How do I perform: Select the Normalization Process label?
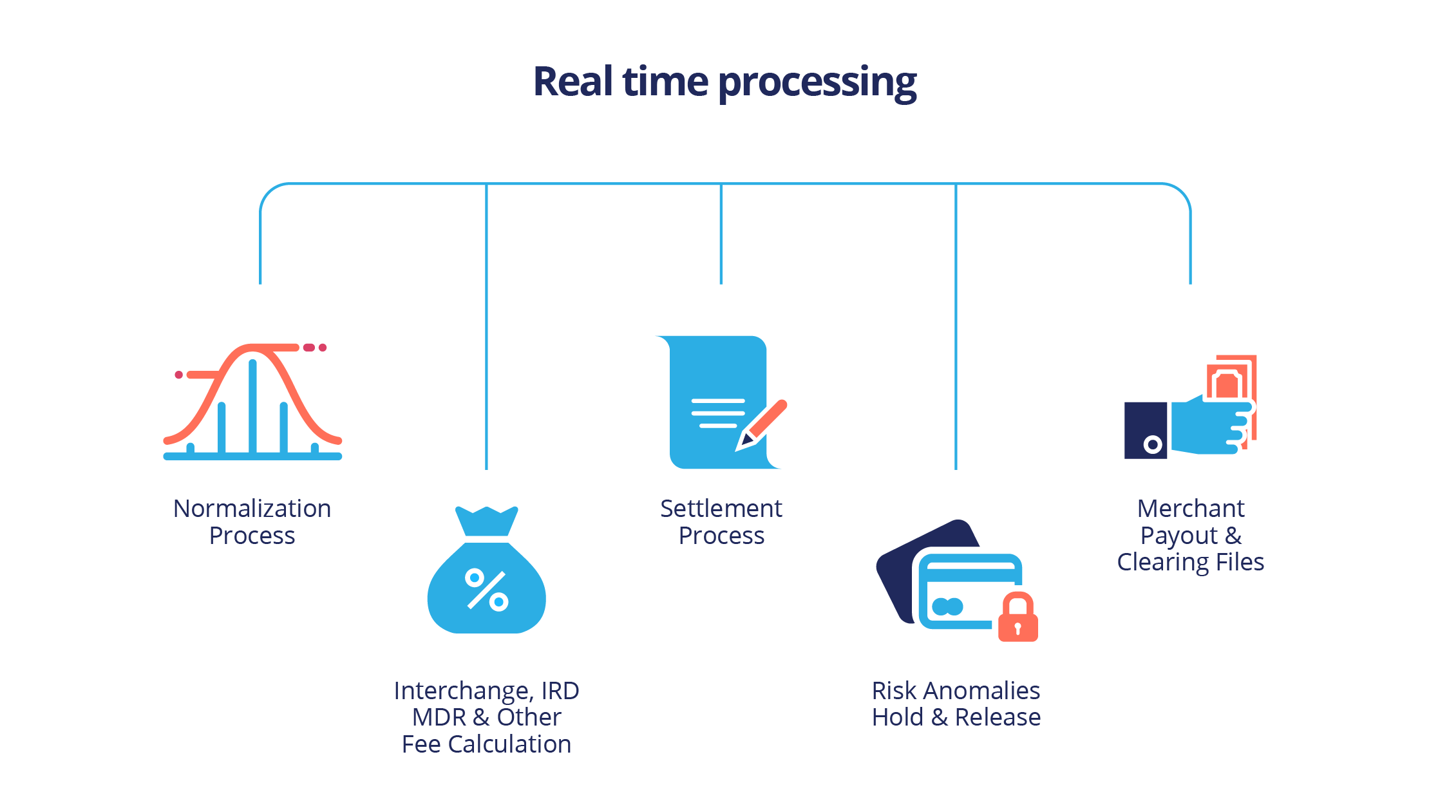252,521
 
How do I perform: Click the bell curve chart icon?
252,402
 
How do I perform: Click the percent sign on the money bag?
487,589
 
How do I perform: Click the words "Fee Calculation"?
486,744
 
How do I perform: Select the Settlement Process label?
721,521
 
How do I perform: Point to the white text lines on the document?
717,413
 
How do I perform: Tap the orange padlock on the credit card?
1018,619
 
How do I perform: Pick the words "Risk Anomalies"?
956,691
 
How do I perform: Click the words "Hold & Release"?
956,717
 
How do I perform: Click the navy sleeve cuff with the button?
1146,430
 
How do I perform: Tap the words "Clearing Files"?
1190,562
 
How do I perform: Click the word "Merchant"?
1190,509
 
